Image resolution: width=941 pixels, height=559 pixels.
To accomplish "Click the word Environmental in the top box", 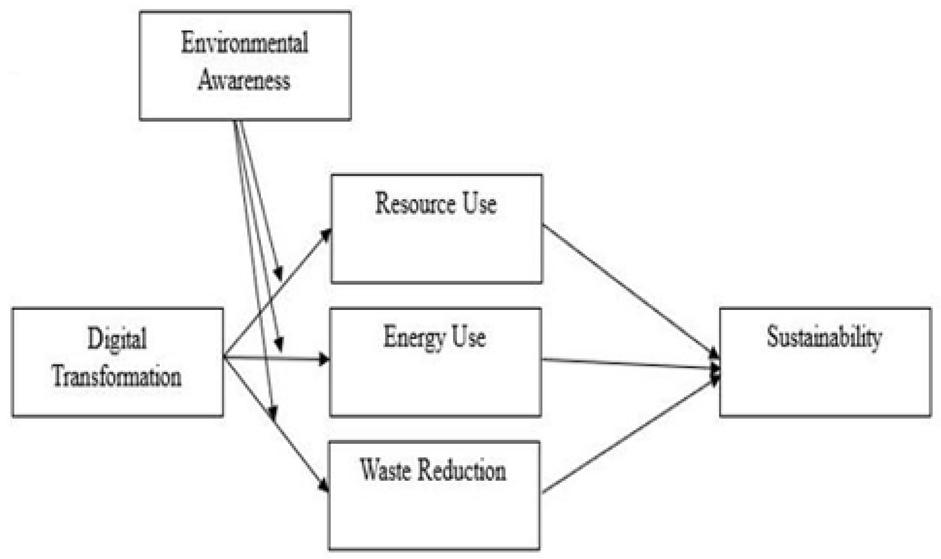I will [x=244, y=43].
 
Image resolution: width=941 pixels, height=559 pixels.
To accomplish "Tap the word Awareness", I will [x=244, y=80].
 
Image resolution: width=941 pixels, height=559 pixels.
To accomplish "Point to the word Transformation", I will [x=117, y=377].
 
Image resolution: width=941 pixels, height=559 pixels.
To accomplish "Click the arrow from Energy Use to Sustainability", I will [x=629, y=363].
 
